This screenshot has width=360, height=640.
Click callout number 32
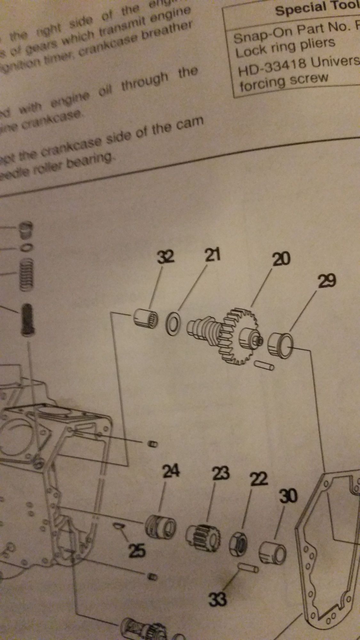165,257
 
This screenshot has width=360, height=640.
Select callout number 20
281,259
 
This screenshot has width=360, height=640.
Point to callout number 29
326,282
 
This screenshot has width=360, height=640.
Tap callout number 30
288,496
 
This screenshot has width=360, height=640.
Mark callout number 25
137,551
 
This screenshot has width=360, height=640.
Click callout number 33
218,599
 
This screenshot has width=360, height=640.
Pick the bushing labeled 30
272,553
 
